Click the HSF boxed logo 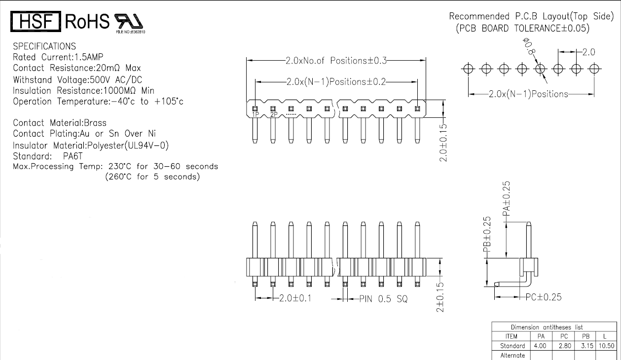point(36,21)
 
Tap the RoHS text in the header point(86,21)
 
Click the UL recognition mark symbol point(129,21)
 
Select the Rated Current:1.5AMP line point(58,57)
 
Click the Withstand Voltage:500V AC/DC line point(72,79)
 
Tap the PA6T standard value point(73,156)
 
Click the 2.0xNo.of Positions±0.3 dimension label point(336,61)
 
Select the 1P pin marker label point(256,114)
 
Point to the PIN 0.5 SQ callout point(383,299)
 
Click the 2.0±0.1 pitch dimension point(295,298)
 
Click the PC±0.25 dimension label point(543,297)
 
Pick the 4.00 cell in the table point(541,346)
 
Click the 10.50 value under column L point(606,346)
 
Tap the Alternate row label point(512,355)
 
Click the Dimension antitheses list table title point(547,327)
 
